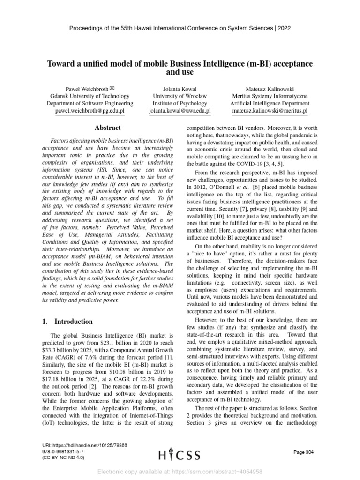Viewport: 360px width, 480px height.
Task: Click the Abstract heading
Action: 107,127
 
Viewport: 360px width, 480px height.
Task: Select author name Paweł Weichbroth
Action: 88,89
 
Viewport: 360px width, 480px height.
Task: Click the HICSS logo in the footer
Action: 180,455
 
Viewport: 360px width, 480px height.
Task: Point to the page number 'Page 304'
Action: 303,452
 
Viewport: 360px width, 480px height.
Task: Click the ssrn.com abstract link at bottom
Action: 180,472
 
